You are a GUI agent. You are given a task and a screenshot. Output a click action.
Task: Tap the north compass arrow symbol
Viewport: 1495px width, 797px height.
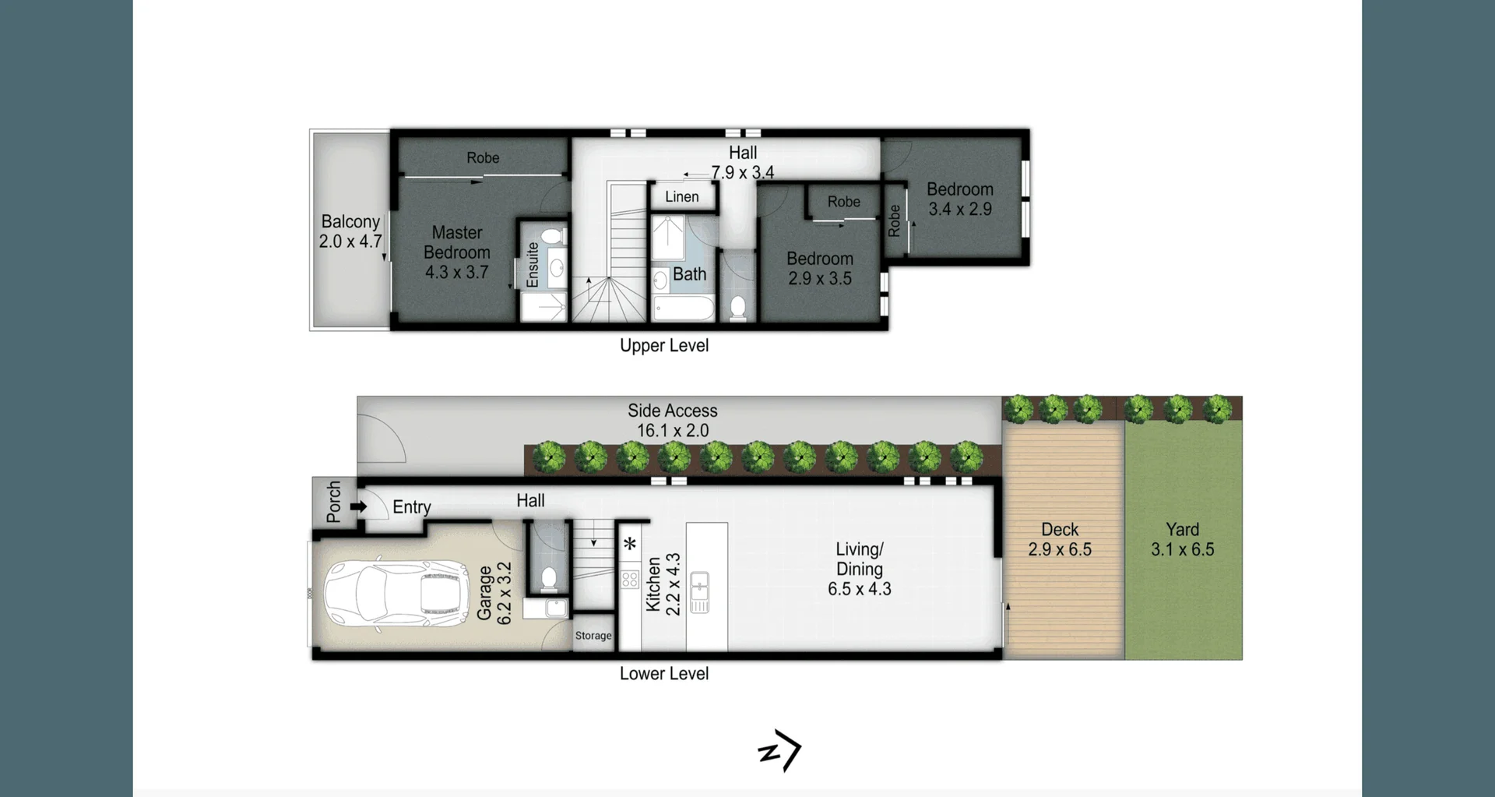(x=780, y=750)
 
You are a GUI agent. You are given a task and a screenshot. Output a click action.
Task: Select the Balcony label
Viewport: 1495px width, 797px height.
(x=350, y=222)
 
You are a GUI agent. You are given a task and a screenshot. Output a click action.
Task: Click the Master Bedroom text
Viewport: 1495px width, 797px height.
(x=457, y=242)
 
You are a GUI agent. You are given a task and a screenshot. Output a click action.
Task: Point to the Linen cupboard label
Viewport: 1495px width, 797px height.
(x=682, y=197)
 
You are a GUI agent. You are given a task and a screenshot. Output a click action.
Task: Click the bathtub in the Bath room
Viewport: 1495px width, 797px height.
(x=684, y=309)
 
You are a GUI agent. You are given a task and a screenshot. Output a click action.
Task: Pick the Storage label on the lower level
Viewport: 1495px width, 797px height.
(x=593, y=636)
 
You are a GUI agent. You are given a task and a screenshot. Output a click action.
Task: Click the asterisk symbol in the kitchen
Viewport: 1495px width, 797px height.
(x=630, y=544)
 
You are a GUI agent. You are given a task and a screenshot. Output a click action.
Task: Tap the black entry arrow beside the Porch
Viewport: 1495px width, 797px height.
(x=358, y=506)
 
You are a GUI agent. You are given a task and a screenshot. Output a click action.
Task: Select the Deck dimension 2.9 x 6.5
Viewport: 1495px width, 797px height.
(x=1060, y=549)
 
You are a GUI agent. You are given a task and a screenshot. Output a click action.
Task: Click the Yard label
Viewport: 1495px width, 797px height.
(x=1182, y=530)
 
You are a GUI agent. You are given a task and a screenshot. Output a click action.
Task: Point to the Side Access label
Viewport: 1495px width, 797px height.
(x=673, y=411)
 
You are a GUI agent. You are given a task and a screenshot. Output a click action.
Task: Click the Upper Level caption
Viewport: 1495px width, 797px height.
(x=664, y=346)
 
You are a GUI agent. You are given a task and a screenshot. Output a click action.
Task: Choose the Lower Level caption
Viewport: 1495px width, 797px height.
(x=664, y=674)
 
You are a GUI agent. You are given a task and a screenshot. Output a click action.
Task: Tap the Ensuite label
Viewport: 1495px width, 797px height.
(x=533, y=265)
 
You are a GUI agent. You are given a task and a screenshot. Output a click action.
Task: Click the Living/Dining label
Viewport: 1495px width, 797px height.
(x=860, y=559)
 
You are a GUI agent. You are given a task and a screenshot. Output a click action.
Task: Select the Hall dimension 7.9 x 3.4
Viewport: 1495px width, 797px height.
(x=743, y=172)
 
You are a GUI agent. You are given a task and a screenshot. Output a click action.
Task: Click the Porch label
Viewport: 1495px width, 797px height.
(x=334, y=502)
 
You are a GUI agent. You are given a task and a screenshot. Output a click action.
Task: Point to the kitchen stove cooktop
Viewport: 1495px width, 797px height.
(x=630, y=580)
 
